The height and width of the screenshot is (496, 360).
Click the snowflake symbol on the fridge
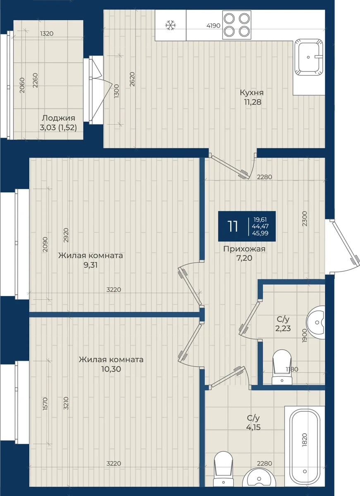pos(170,25)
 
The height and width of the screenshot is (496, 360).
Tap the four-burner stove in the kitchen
pos(237,25)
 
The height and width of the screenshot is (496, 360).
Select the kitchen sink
pos(309,57)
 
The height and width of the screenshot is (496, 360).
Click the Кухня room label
pos(252,93)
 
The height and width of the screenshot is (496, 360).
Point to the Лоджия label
pos(58,118)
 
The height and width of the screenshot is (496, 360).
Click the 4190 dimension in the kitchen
pos(213,26)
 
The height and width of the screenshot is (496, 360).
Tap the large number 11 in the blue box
pos(232,227)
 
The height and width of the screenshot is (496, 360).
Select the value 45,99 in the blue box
pos(260,233)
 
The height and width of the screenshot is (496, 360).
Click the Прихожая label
pos(244,249)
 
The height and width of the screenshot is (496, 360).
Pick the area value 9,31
pos(91,265)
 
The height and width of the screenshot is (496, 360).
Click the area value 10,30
pos(111,369)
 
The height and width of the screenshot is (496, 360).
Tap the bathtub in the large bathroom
pos(305,443)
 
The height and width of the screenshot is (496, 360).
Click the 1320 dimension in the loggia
pos(47,33)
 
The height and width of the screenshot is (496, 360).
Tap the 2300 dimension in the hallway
pos(305,219)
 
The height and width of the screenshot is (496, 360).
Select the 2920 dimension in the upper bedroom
pos(66,235)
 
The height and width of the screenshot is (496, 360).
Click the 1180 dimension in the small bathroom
pos(292,369)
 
